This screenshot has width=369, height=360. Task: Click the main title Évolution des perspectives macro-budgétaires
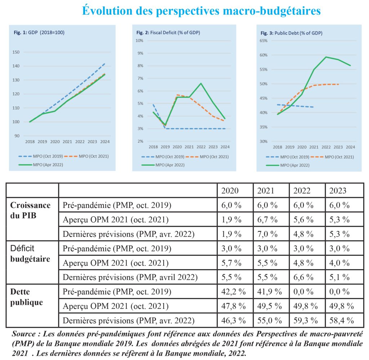pos(201,10)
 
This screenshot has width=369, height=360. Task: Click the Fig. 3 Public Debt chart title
pos(291,33)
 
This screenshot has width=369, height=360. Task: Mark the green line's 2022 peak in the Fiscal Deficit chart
pos(201,84)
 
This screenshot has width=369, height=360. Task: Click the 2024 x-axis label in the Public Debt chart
pos(350,147)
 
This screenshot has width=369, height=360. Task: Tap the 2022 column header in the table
pos(302,191)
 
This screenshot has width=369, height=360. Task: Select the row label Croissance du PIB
pos(30,210)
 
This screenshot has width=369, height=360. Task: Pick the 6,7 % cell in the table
pos(267,220)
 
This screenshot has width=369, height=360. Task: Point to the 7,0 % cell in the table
pos(267,234)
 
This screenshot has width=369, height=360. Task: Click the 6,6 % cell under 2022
pos(303,277)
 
